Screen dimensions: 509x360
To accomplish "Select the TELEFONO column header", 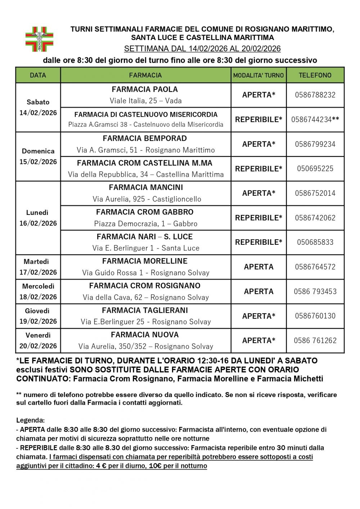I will click(315, 75).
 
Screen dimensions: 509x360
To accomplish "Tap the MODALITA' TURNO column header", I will click(258, 75).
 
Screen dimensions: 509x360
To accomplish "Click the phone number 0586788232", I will click(315, 95).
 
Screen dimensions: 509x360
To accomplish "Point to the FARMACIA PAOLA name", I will click(145, 89).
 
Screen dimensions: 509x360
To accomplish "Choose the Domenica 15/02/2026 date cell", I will click(38, 157).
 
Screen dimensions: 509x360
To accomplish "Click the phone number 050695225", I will click(315, 168).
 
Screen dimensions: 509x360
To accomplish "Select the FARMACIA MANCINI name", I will click(146, 188).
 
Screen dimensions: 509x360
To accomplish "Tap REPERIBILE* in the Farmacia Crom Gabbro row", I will click(258, 218).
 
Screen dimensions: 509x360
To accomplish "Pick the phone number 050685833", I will click(315, 242).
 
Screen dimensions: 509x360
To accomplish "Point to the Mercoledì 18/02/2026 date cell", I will click(38, 292).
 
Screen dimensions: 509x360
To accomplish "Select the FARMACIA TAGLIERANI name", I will click(145, 310).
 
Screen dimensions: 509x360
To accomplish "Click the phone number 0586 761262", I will click(315, 341).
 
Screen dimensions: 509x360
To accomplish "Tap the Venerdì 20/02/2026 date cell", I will click(38, 341).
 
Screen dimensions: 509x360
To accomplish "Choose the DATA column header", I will click(38, 75).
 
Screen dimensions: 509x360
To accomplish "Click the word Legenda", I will click(30, 420).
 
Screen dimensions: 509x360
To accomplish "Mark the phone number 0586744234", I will click(311, 120).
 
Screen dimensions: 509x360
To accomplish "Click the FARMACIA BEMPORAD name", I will click(145, 139).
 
